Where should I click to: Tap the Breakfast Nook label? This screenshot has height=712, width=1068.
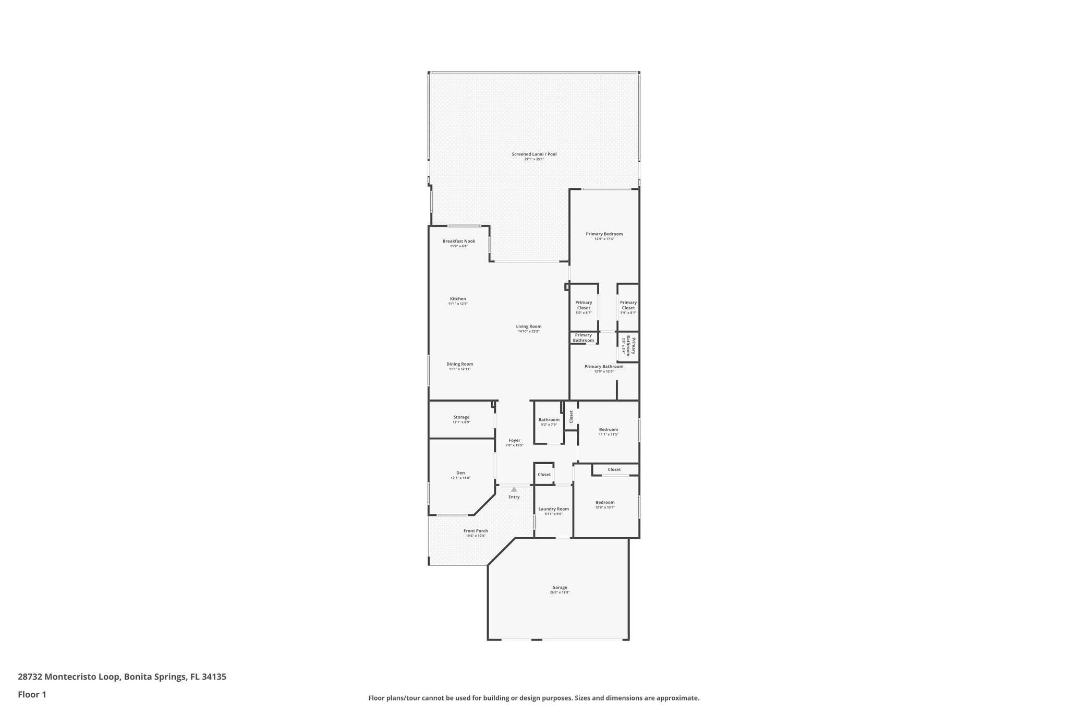(459, 241)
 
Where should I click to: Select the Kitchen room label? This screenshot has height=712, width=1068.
(458, 299)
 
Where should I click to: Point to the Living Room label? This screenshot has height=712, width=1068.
(529, 327)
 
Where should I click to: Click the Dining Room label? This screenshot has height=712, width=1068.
(459, 364)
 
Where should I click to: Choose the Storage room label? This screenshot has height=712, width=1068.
(461, 417)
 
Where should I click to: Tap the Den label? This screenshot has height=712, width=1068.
(460, 473)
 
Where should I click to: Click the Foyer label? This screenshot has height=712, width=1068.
(514, 440)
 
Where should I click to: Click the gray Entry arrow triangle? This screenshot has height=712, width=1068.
(514, 489)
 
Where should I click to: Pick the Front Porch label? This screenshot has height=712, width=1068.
(476, 531)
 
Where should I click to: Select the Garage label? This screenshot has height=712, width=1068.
(560, 587)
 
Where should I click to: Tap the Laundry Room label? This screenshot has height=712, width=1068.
(553, 509)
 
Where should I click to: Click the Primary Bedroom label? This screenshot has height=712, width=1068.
(604, 234)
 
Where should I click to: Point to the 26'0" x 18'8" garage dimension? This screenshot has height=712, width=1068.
(560, 593)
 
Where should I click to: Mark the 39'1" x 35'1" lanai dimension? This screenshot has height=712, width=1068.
(534, 159)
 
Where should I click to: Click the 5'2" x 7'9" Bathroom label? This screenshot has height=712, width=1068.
(549, 420)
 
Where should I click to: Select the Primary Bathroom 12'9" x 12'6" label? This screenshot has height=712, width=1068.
(604, 367)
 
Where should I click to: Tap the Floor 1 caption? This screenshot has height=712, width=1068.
(32, 694)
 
